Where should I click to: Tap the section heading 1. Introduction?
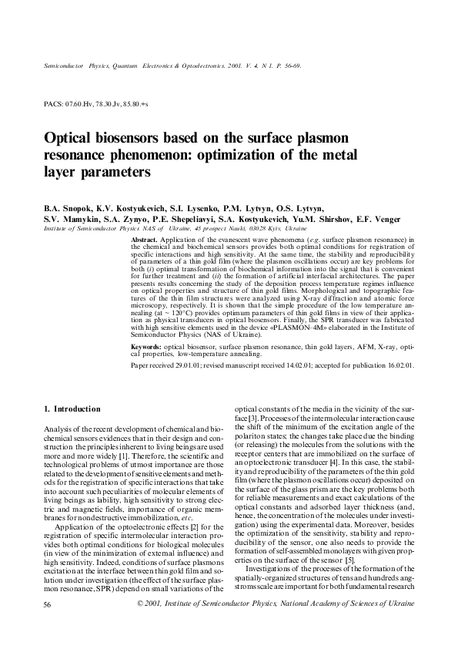click(x=72, y=409)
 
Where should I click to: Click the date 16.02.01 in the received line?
click(x=398, y=366)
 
